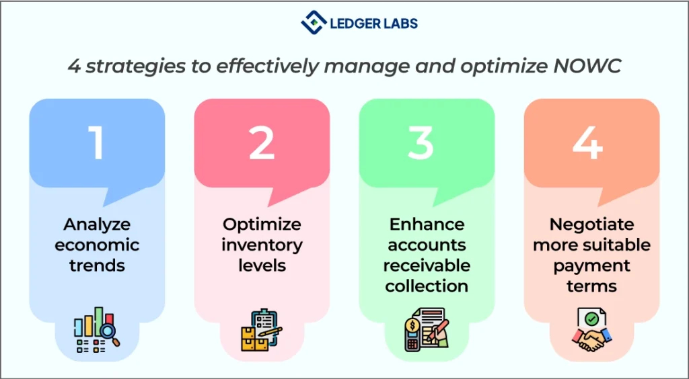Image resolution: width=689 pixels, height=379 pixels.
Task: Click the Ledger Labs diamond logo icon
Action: pyautogui.click(x=314, y=22)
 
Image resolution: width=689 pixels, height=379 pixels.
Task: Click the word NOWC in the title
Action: pyautogui.click(x=587, y=66)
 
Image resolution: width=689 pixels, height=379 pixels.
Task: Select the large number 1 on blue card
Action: pyautogui.click(x=96, y=142)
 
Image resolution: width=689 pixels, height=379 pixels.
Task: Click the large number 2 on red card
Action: pyautogui.click(x=262, y=142)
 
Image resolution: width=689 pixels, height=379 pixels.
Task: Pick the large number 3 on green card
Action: pyautogui.click(x=421, y=142)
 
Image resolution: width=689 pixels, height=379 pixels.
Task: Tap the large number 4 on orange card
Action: pyautogui.click(x=588, y=142)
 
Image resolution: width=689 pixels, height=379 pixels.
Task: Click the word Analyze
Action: pyautogui.click(x=97, y=225)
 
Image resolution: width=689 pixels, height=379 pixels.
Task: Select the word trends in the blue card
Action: pyautogui.click(x=97, y=265)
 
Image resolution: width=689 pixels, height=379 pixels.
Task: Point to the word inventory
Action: pyautogui.click(x=262, y=245)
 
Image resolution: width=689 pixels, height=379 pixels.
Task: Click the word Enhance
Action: pyautogui.click(x=427, y=224)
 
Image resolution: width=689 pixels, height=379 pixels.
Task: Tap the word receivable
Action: pyautogui.click(x=427, y=265)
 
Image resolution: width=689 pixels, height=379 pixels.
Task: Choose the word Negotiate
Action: pyautogui.click(x=592, y=224)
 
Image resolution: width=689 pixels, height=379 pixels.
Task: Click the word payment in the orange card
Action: pyautogui.click(x=592, y=266)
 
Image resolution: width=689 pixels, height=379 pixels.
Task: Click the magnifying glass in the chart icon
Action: pyautogui.click(x=109, y=334)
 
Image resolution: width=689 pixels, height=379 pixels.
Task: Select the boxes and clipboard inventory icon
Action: pyautogui.click(x=262, y=331)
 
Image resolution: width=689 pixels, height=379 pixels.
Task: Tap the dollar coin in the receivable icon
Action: pyautogui.click(x=412, y=326)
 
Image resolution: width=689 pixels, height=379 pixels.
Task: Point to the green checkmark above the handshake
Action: pyautogui.click(x=591, y=319)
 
